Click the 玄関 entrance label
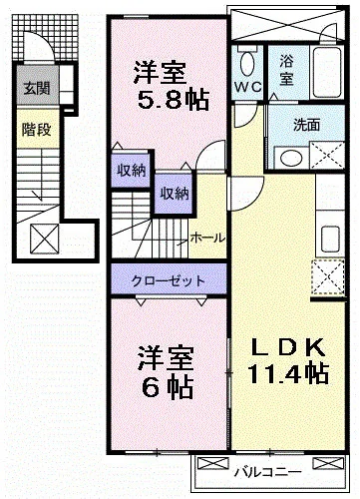pos(33,86)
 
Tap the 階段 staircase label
pos(33,129)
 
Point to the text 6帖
pos(165,384)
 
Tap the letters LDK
pos(287,346)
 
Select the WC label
pos(247,87)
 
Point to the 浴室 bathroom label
pos(287,70)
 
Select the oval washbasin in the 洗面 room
pos(291,158)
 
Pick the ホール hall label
pos(206,238)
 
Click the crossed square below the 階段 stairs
pos(45,239)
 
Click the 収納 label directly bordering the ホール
pos(176,193)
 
